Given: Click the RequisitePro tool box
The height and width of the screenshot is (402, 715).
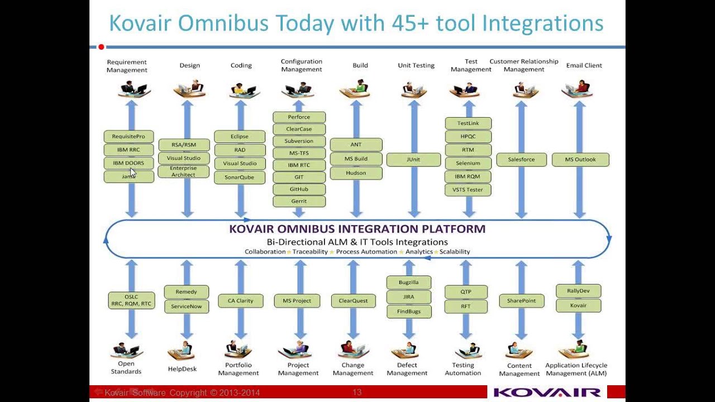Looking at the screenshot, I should coord(128,136).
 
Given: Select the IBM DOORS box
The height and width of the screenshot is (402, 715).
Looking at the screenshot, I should coord(128,163).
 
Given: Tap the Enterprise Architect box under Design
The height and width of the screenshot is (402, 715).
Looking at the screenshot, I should coord(183,171).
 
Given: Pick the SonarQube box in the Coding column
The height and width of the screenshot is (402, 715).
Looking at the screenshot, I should coord(239,177).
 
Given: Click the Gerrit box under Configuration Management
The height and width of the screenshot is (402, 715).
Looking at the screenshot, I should coord(299,201).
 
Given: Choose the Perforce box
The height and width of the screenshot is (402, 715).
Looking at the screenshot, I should coord(299,117).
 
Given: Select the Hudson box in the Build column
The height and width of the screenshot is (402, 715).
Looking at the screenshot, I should coord(356,173).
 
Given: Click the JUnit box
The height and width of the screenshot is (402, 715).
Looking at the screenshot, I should coord(413,160).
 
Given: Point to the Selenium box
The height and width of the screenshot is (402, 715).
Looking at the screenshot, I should coord(468,163).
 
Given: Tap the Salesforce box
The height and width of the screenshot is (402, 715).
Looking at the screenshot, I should coord(521,160).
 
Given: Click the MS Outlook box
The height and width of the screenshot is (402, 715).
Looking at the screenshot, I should coord(580,160).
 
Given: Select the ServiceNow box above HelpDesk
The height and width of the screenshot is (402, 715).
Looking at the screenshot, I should coord(187,306).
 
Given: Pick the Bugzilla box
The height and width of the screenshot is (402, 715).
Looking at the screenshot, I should coord(408,283).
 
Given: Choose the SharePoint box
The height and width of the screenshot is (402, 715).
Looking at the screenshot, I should coord(521,301).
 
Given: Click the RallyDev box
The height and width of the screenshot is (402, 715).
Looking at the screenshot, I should coord(578,291).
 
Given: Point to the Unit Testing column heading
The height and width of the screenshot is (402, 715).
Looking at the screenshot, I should coord(416,65).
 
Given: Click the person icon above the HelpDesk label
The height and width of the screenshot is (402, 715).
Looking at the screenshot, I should coord(182,350).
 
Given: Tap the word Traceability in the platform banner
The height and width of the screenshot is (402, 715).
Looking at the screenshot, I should coord(309,252).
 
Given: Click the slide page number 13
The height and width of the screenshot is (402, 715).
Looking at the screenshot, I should coord(357,393).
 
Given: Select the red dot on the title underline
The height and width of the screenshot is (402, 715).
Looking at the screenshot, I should coord(101,47).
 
